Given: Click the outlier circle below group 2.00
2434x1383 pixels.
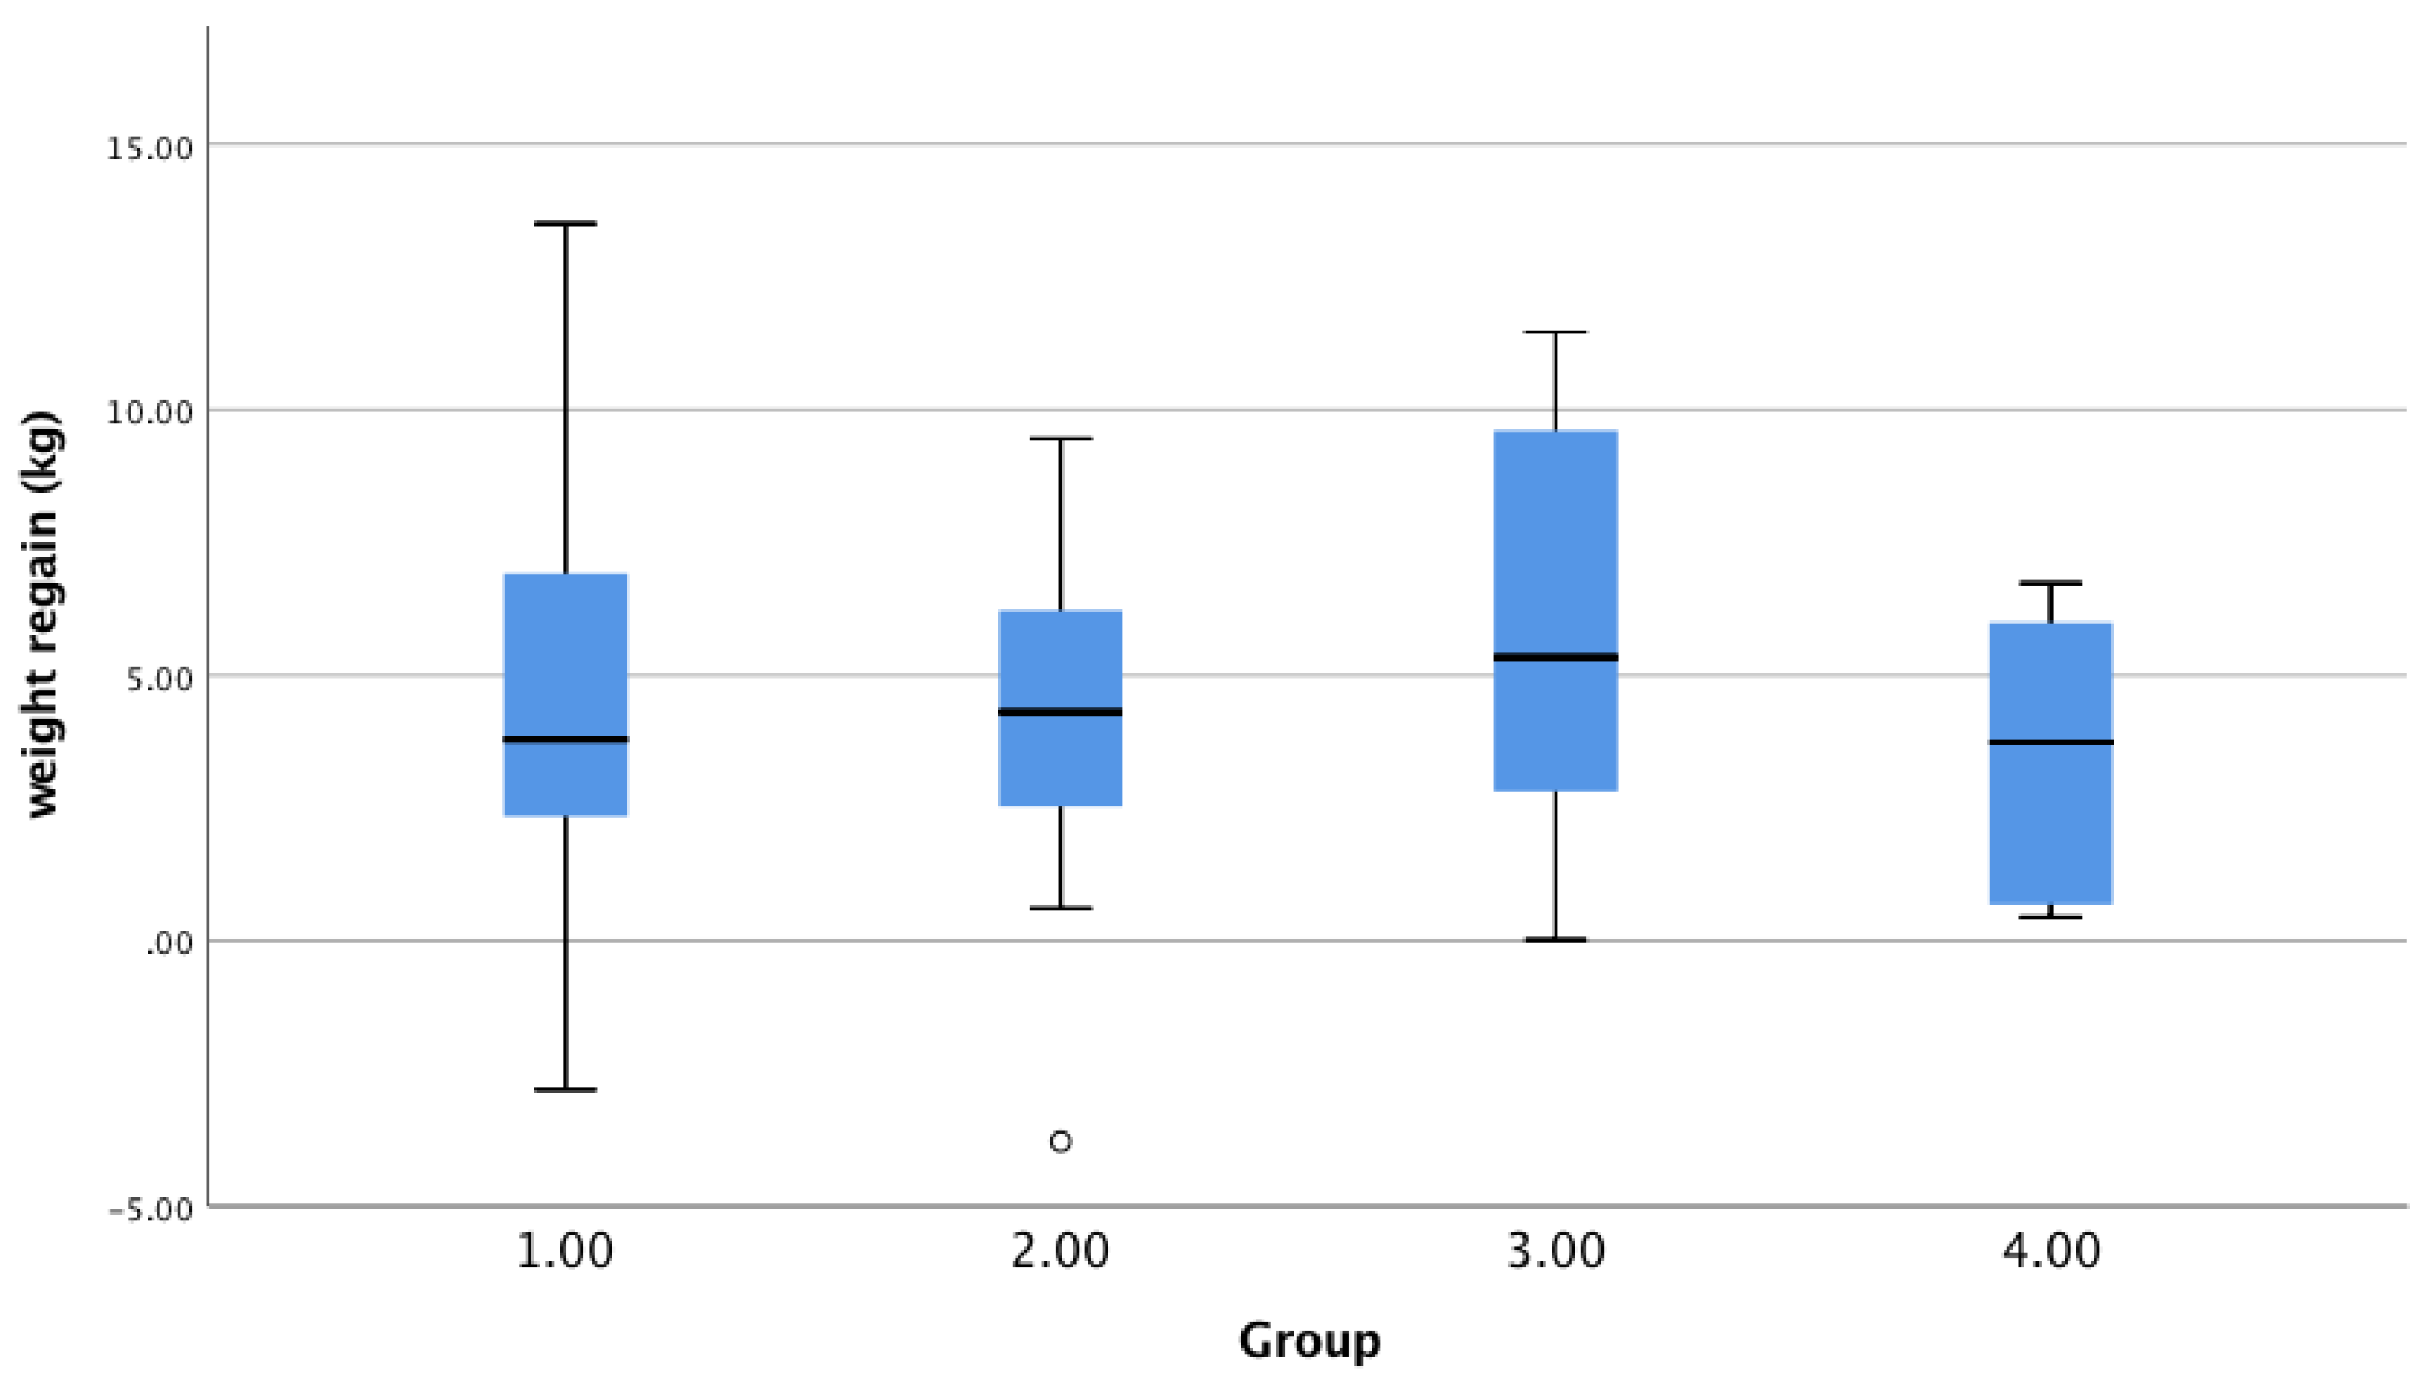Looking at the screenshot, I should [1061, 1141].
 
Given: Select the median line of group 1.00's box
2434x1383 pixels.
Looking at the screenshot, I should [565, 739].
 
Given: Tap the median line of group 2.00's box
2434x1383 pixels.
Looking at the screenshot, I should [1061, 711].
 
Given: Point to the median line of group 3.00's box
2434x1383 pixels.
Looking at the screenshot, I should [1556, 656].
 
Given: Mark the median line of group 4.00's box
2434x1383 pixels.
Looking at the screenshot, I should [2051, 742].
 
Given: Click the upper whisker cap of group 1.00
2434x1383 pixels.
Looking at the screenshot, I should [565, 223].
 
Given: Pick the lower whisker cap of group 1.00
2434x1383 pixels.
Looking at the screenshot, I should [565, 1089].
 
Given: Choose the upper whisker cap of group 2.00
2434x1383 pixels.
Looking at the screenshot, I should [1061, 439].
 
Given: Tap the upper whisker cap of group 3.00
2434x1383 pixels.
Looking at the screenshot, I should [1556, 332].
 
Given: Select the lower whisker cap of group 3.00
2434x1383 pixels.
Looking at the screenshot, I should [1556, 939].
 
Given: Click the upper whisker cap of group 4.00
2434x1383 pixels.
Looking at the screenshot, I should [2051, 583].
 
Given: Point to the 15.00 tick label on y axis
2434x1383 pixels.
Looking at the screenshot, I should [149, 148].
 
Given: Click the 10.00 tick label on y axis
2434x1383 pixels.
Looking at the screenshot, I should [149, 413].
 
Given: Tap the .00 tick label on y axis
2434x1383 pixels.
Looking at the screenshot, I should [169, 945].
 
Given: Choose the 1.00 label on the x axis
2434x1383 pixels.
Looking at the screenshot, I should [565, 1252].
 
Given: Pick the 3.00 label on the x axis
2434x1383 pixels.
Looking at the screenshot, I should [1556, 1252].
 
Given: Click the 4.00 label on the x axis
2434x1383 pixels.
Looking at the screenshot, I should [2051, 1252].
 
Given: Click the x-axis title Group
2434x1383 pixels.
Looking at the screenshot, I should [1309, 1341].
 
